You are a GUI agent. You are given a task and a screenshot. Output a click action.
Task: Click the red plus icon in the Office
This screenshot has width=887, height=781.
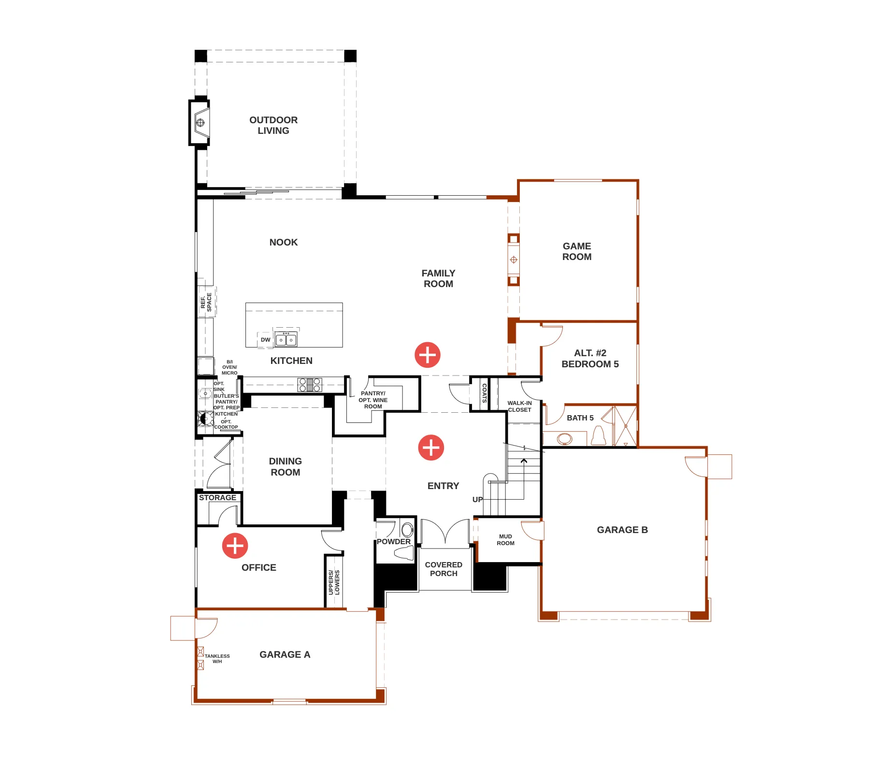click(x=235, y=546)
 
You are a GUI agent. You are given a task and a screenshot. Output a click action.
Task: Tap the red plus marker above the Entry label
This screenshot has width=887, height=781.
click(x=431, y=448)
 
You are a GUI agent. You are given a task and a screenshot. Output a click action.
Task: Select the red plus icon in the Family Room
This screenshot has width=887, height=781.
click(x=428, y=355)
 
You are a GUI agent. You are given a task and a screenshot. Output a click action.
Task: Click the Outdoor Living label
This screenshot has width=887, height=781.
click(x=273, y=125)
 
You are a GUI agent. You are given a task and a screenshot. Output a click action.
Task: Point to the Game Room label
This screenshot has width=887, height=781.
click(x=577, y=251)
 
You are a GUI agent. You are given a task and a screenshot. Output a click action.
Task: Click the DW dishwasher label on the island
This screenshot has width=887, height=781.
click(x=266, y=340)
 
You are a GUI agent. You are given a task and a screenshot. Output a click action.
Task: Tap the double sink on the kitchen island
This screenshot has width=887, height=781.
click(x=286, y=340)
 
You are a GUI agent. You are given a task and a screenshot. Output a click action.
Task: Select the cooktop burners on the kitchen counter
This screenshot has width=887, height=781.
click(x=310, y=385)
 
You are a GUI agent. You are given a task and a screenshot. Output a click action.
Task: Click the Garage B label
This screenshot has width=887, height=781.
click(x=622, y=530)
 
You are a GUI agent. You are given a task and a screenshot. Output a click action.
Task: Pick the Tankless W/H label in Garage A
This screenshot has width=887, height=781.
click(x=217, y=659)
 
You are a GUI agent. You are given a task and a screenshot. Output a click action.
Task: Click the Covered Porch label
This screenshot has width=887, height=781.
click(x=443, y=569)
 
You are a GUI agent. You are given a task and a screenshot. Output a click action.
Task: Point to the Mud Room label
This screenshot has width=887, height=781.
click(x=505, y=540)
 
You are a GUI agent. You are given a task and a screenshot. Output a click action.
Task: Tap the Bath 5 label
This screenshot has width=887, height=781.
click(x=580, y=418)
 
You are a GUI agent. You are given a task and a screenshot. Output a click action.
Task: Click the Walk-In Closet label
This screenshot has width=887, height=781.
click(x=519, y=406)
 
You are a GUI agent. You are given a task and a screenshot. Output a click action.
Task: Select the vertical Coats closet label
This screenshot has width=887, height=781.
click(x=485, y=393)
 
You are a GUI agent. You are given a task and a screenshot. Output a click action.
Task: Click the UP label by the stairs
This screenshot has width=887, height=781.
click(x=477, y=500)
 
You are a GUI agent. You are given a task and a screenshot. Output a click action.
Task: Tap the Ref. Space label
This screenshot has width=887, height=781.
click(x=206, y=302)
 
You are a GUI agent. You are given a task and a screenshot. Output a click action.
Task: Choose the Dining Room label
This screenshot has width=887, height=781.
click(x=286, y=467)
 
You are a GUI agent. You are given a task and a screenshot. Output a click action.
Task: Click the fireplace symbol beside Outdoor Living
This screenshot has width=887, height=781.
click(x=200, y=123)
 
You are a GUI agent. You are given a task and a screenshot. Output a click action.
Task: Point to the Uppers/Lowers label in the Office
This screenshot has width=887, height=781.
click(x=334, y=582)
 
